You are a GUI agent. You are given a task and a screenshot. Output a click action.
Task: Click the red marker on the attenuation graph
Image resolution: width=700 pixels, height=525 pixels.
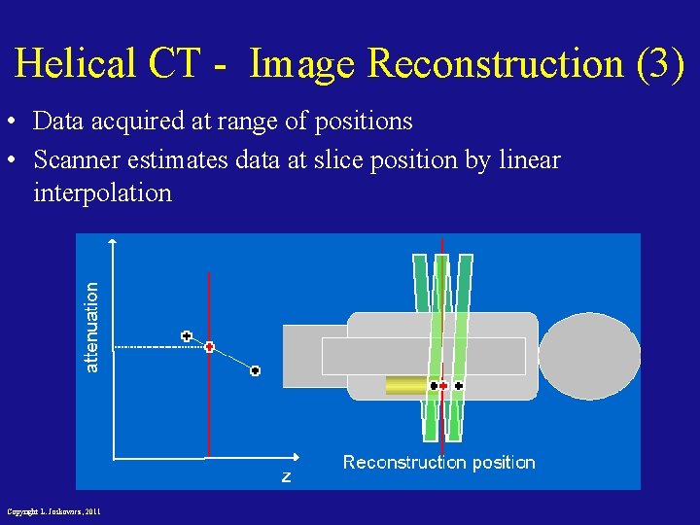click(x=209, y=346)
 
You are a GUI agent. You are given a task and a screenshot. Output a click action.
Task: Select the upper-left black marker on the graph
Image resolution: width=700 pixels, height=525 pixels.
click(x=187, y=336)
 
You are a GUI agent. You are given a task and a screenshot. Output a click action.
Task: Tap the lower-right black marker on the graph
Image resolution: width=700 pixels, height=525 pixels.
click(x=255, y=370)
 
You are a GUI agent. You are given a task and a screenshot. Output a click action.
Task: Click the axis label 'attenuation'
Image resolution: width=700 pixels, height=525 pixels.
click(x=92, y=327)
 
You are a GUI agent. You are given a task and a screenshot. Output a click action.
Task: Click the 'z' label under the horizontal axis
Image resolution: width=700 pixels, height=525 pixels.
click(x=286, y=476)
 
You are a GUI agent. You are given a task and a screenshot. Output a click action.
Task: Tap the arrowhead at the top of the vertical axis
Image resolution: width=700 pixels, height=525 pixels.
click(x=114, y=241)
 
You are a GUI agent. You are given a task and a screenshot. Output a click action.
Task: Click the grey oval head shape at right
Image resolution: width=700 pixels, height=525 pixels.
click(x=589, y=356)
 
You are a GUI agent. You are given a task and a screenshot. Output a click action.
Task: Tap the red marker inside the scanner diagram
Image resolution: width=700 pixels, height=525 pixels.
click(x=443, y=386)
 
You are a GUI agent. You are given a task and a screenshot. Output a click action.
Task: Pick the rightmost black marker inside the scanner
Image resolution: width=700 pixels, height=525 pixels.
click(x=459, y=386)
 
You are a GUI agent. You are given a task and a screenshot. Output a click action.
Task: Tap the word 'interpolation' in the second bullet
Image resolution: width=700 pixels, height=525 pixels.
click(x=102, y=192)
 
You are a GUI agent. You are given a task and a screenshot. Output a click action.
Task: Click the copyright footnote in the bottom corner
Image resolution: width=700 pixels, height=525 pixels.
click(x=53, y=511)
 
